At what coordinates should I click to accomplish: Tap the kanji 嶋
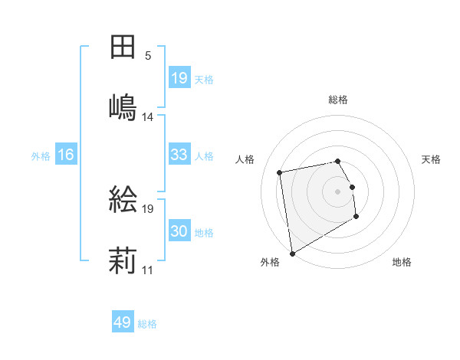click(123, 106)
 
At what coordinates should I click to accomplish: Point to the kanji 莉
click(123, 260)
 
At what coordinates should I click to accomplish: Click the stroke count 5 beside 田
click(148, 56)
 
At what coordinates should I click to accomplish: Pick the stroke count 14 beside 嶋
click(148, 117)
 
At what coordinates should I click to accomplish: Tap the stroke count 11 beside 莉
click(148, 270)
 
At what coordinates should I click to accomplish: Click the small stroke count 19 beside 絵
click(148, 208)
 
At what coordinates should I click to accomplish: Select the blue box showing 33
click(179, 155)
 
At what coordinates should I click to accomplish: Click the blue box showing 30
click(179, 231)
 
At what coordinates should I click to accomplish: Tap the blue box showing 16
click(66, 155)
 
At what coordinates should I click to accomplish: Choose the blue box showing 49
click(123, 323)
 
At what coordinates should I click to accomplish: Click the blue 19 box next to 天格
click(179, 78)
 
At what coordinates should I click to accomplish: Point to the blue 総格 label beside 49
click(147, 324)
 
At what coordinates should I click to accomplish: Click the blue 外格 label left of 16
click(41, 155)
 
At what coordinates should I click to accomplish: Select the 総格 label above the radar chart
click(338, 100)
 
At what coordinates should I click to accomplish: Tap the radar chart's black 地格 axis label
click(402, 263)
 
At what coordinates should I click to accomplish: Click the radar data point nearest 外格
click(291, 254)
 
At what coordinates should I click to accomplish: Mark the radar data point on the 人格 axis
click(280, 172)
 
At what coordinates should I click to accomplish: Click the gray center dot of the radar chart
click(337, 191)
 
